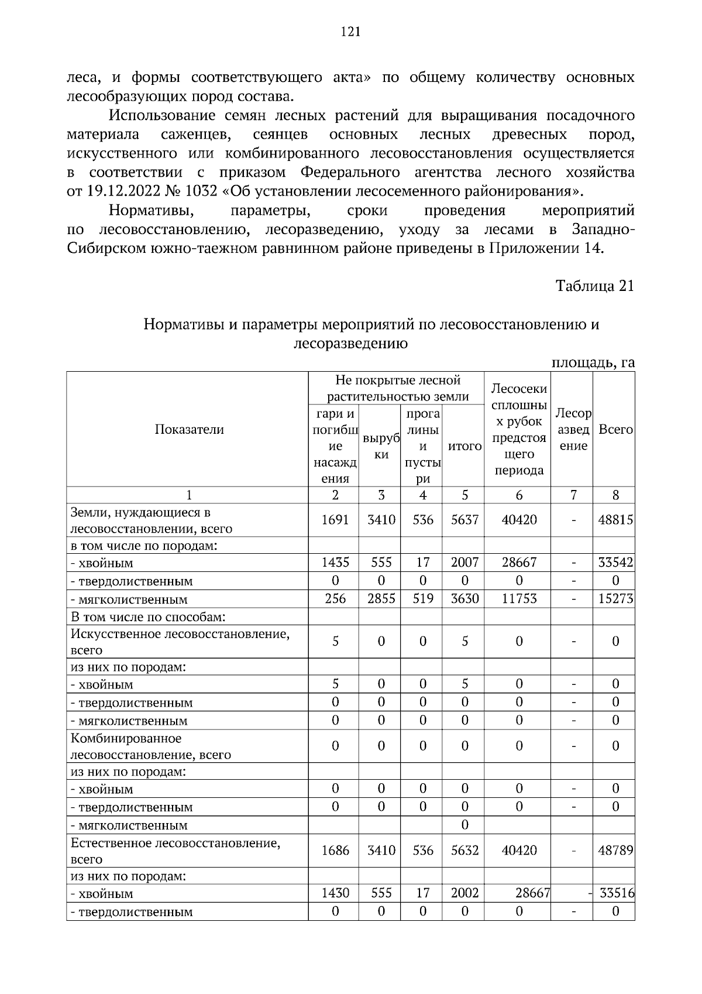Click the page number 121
coord(350,32)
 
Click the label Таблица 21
coord(594,286)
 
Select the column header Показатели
coord(189,429)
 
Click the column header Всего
coord(615,429)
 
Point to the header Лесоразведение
coord(573,429)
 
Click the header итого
coord(464,446)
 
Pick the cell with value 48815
coord(615,520)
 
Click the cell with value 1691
coord(335,520)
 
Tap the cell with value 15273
coord(615,599)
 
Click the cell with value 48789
coord(615,850)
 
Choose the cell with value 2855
coord(381,599)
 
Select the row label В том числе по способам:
coord(149,617)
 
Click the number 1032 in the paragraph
coord(201,191)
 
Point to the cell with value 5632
coord(464,850)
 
